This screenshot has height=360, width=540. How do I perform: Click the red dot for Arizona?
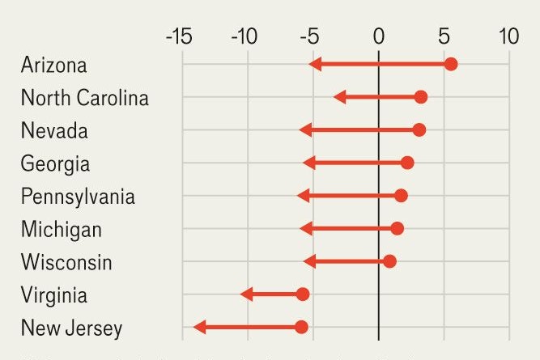451,65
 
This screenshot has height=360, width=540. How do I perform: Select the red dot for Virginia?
303,294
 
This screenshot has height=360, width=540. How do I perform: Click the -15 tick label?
178,36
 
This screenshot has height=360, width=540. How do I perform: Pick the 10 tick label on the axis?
508,36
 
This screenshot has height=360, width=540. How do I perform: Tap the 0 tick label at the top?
378,36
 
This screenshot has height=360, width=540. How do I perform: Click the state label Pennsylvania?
78,197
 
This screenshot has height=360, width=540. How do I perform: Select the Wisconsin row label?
66,262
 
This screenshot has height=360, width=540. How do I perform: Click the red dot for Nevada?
419,130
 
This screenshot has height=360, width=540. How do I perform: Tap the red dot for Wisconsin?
389,261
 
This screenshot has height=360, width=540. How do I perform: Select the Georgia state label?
55,163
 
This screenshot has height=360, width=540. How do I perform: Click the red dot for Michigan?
397,229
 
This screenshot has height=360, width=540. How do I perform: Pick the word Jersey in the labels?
94,328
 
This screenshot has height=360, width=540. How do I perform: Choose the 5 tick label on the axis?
444,36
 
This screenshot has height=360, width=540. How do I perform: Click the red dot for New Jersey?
301,327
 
